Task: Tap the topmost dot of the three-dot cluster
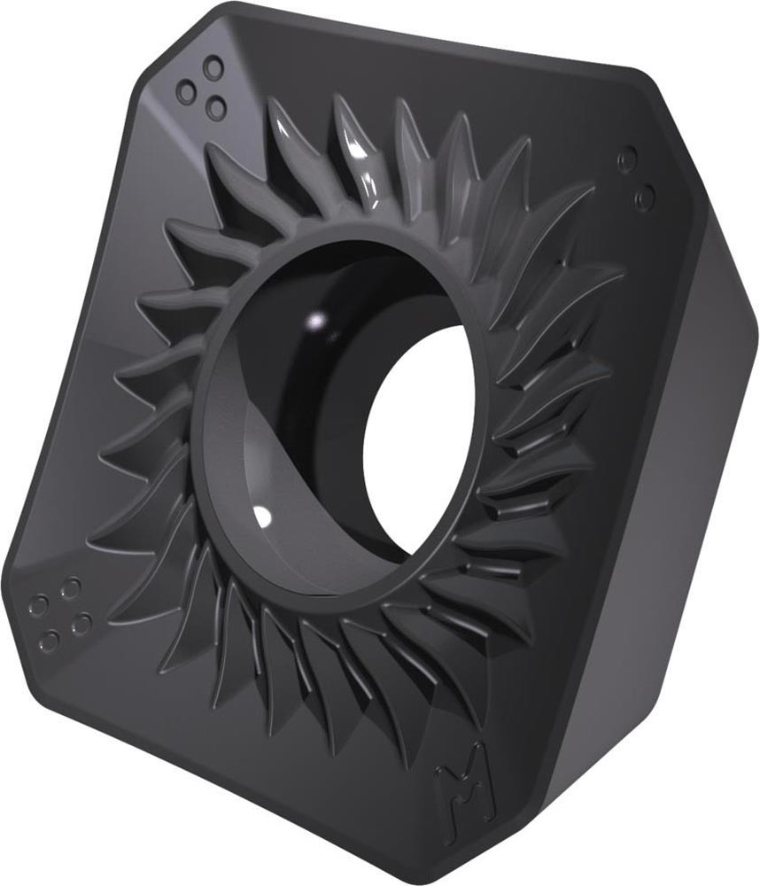tap(213, 66)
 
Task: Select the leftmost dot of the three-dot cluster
tap(185, 89)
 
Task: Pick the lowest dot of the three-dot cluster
tap(215, 105)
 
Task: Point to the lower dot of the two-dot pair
tap(646, 195)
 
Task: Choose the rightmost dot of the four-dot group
tap(81, 623)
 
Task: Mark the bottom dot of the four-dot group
tap(50, 641)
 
